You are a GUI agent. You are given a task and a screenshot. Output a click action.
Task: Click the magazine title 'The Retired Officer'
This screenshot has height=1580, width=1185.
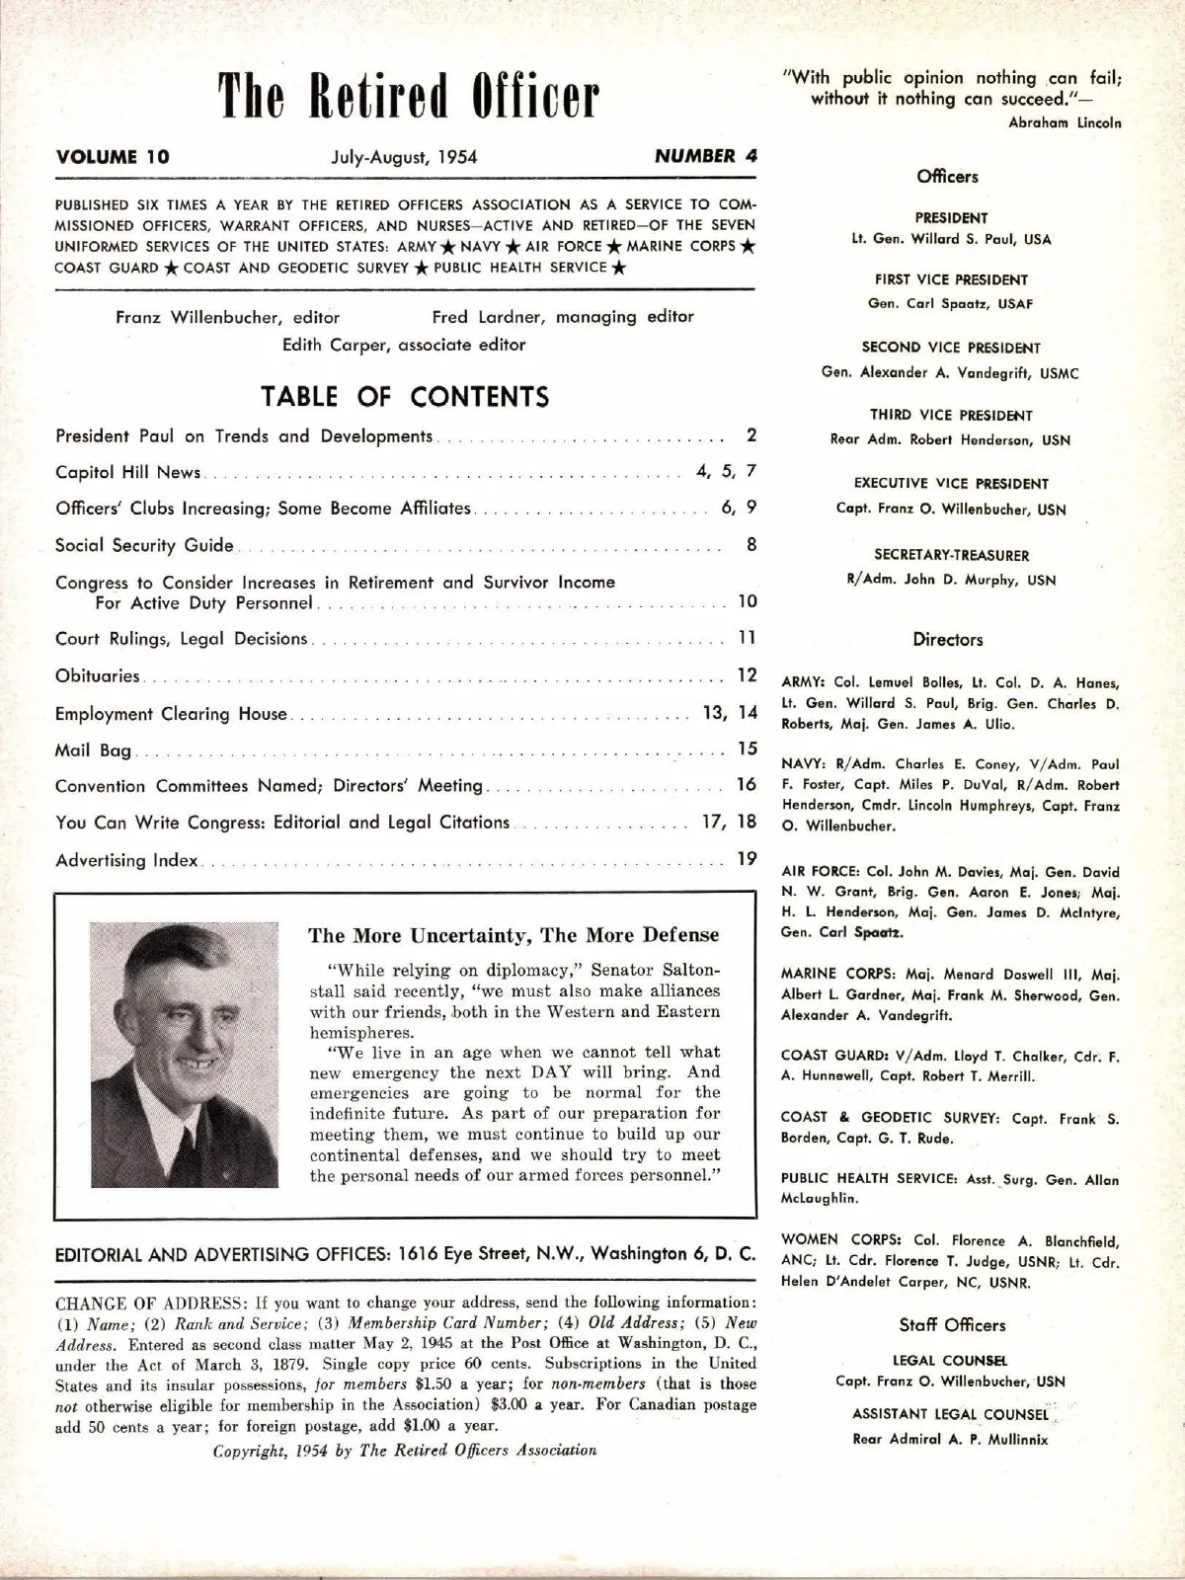click(408, 97)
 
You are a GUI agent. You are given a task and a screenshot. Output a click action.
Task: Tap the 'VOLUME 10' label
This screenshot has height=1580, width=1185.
click(113, 156)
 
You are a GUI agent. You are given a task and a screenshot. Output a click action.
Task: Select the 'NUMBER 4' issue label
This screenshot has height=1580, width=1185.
click(705, 155)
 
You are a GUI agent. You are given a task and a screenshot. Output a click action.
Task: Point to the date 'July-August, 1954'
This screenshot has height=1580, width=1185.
click(404, 156)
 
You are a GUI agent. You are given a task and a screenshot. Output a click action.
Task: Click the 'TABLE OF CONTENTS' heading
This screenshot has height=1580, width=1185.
click(405, 397)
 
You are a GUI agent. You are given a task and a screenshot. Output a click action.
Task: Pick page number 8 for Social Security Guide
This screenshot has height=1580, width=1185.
click(751, 544)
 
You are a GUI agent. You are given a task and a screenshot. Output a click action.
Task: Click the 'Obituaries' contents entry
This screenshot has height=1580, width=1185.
click(98, 676)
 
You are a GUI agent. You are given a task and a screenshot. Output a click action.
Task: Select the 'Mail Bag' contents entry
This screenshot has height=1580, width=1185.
click(93, 750)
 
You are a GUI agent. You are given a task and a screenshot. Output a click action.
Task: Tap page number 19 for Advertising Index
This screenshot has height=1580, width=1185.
click(747, 859)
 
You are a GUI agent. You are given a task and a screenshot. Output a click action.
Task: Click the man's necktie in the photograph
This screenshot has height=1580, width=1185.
click(185, 1145)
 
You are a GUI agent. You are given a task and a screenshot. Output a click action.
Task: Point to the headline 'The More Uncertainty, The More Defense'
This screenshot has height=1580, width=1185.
click(513, 935)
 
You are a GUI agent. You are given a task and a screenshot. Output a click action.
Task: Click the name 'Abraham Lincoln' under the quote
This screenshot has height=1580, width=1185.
click(1065, 123)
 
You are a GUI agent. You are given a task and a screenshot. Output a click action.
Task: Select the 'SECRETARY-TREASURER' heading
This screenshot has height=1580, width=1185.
click(951, 555)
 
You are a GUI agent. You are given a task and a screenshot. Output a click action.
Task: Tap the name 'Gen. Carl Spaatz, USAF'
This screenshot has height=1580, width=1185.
click(950, 304)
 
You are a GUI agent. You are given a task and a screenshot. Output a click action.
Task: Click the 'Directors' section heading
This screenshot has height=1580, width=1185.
click(948, 640)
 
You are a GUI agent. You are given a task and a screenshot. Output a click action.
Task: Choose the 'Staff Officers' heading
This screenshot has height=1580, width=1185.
click(952, 1325)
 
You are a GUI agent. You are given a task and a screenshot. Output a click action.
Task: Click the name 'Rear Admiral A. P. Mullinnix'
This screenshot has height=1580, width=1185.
click(950, 1440)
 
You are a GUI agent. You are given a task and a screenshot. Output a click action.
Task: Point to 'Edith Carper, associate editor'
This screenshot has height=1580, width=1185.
click(403, 345)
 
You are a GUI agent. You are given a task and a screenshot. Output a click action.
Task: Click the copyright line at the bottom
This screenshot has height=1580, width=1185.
click(405, 1451)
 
